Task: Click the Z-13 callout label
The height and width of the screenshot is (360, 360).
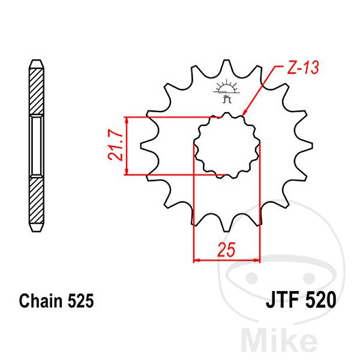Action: (x=303, y=68)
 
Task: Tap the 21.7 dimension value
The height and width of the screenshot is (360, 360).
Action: (x=115, y=146)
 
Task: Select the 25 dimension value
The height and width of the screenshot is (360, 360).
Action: (x=226, y=250)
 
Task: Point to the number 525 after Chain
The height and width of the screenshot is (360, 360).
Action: (x=81, y=301)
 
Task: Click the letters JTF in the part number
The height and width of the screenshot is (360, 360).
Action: (x=283, y=300)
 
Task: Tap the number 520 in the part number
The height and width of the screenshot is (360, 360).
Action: (x=320, y=300)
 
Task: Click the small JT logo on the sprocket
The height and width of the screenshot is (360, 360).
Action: (x=227, y=91)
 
